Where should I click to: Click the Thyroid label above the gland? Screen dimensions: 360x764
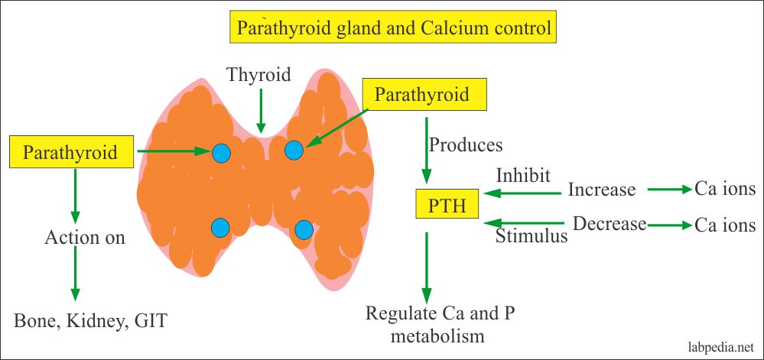click(x=259, y=74)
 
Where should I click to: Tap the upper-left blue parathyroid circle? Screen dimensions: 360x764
click(x=221, y=153)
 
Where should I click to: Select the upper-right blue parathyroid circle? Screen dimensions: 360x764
click(x=294, y=151)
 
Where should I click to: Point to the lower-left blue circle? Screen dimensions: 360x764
click(x=220, y=227)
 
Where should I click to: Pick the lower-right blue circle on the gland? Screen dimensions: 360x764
click(x=304, y=229)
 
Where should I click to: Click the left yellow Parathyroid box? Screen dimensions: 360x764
click(x=70, y=152)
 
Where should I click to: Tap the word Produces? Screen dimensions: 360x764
click(x=466, y=144)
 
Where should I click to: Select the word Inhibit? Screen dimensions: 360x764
click(x=523, y=175)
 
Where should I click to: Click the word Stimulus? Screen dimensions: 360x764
click(x=532, y=235)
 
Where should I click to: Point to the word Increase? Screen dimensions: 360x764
click(x=601, y=190)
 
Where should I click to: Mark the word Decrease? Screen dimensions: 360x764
click(x=610, y=224)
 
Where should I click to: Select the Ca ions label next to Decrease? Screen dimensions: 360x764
click(x=725, y=225)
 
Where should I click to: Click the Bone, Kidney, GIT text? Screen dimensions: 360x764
click(x=90, y=320)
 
